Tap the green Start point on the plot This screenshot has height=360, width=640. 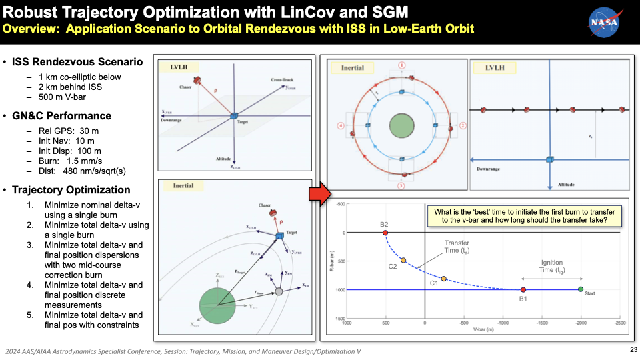581,289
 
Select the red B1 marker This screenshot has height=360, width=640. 523,289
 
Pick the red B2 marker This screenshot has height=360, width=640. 385,233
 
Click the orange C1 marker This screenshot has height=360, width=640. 444,279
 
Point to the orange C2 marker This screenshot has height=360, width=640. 403,260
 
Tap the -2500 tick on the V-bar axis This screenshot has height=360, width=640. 619,323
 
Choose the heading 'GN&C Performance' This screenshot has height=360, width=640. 61,115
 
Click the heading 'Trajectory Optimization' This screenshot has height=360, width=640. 71,190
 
